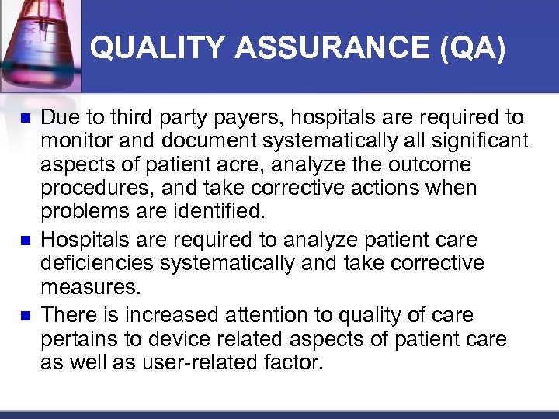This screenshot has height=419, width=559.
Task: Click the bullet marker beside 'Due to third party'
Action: point(25,119)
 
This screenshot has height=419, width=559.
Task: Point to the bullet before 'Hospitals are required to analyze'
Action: point(25,241)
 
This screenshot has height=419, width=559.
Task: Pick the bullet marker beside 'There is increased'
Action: point(25,315)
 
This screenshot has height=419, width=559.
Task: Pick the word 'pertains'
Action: point(81,338)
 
